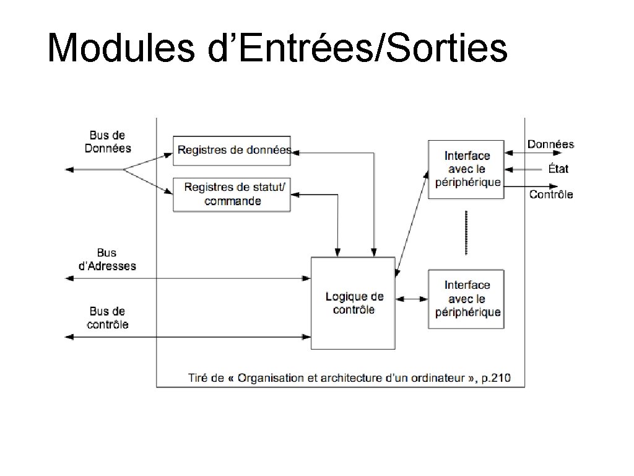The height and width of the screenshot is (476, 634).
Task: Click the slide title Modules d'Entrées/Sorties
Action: click(x=277, y=48)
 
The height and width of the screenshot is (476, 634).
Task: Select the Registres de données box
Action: click(x=232, y=150)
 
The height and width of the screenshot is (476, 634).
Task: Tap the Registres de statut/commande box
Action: click(x=232, y=195)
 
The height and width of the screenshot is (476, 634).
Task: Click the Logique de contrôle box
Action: click(x=353, y=303)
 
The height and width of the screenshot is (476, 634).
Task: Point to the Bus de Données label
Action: click(x=108, y=141)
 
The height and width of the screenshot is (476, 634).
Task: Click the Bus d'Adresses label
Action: click(x=107, y=260)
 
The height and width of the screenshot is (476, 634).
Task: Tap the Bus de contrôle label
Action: click(x=108, y=317)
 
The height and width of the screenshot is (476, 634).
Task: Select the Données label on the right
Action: click(x=550, y=144)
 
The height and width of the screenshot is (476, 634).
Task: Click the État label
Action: click(x=557, y=169)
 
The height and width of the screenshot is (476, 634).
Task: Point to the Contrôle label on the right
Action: click(x=551, y=195)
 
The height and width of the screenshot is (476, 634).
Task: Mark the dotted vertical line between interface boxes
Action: click(x=466, y=232)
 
